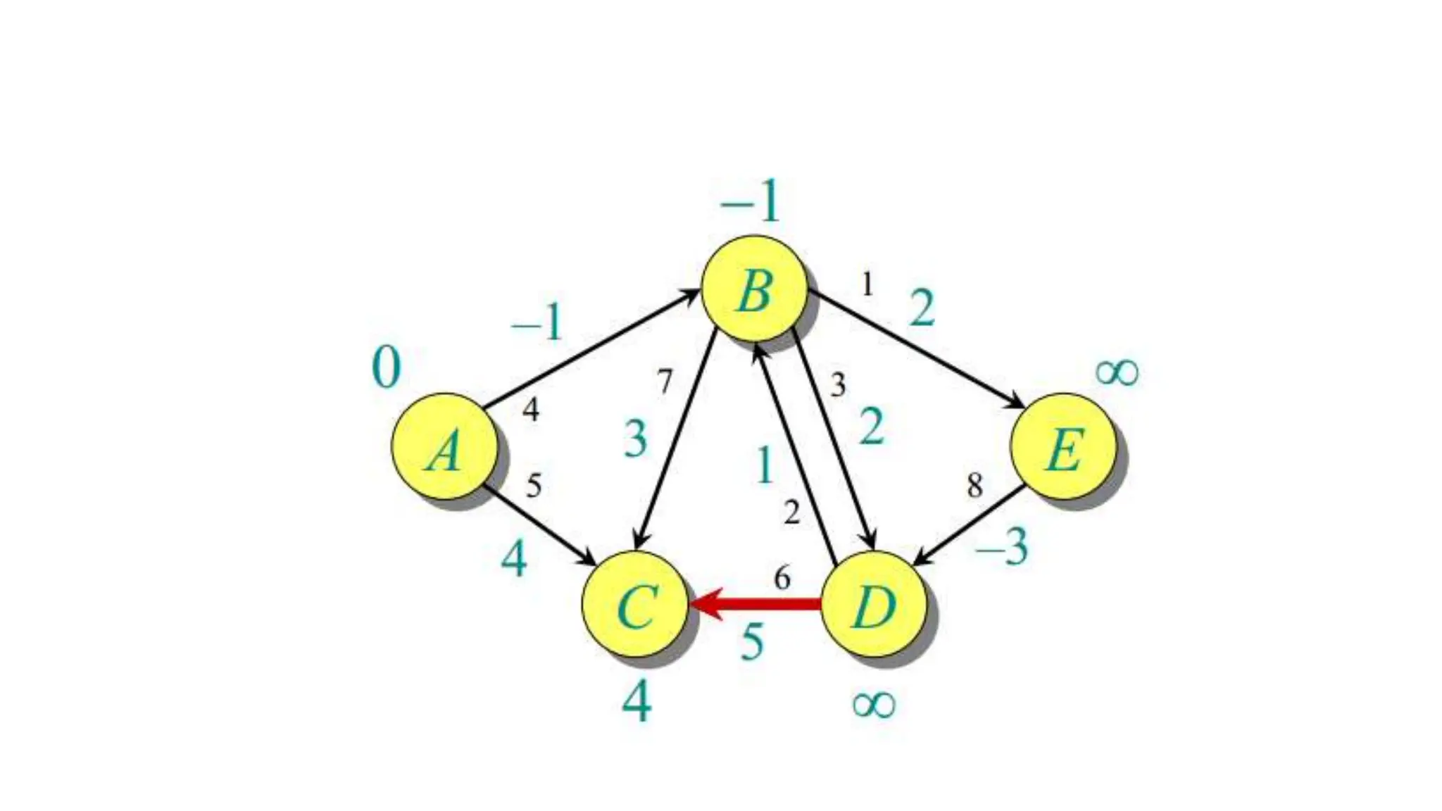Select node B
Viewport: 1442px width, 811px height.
tap(754, 289)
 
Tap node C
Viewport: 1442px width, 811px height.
tap(634, 605)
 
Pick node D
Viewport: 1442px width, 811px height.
tap(874, 605)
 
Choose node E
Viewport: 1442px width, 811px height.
tap(1063, 446)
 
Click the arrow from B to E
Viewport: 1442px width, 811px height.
tap(915, 348)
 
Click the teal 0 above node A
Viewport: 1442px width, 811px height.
tap(386, 367)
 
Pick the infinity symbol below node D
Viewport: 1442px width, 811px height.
tap(874, 703)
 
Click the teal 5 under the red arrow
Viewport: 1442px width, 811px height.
tap(752, 641)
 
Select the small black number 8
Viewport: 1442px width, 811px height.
tap(974, 485)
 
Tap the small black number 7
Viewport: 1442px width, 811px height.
tap(665, 382)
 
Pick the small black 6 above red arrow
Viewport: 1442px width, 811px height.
tap(782, 578)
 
